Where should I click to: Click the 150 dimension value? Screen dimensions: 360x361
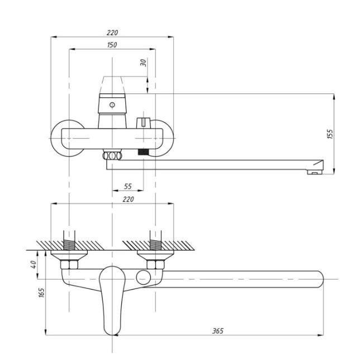(112, 45)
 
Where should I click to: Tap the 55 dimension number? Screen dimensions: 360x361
(128, 187)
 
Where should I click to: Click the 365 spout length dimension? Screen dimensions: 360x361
(218, 330)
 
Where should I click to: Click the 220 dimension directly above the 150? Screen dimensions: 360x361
(112, 33)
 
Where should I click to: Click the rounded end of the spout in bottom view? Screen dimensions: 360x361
(317, 278)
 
